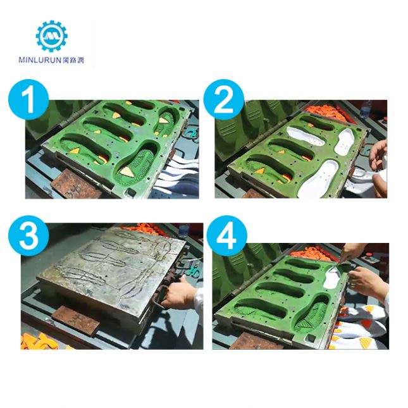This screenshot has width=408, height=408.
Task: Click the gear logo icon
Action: tap(51, 36)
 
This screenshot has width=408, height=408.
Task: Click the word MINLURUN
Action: tap(40, 60)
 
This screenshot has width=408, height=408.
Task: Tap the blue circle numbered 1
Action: tap(28, 99)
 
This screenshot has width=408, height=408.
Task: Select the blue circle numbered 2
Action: tap(224, 99)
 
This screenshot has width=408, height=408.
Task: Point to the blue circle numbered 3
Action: tap(28, 236)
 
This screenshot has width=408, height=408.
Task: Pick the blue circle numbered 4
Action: tap(227, 236)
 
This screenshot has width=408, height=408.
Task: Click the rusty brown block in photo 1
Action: tap(76, 184)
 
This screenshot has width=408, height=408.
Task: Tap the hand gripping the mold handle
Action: tap(178, 292)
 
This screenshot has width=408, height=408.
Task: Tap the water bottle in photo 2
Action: tap(366, 109)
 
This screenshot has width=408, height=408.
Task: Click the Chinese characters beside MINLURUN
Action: tap(73, 60)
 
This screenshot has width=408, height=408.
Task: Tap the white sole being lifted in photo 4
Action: tap(331, 278)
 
